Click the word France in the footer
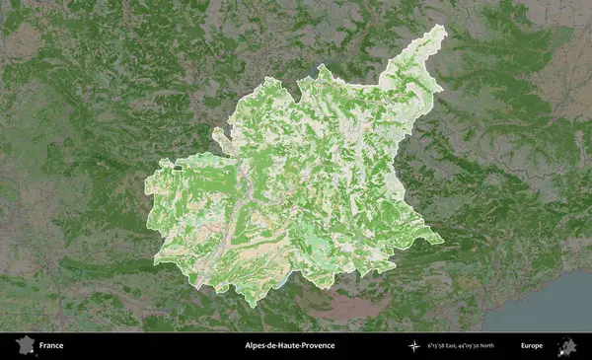[x=51, y=346]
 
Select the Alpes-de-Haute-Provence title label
[x=289, y=346]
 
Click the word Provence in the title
[x=316, y=346]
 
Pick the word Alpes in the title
[x=257, y=346]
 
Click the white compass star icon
[x=414, y=346]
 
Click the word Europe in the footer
[x=532, y=346]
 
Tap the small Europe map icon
[x=567, y=346]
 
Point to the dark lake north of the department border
[x=322, y=68]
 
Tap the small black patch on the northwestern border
[x=178, y=168]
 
